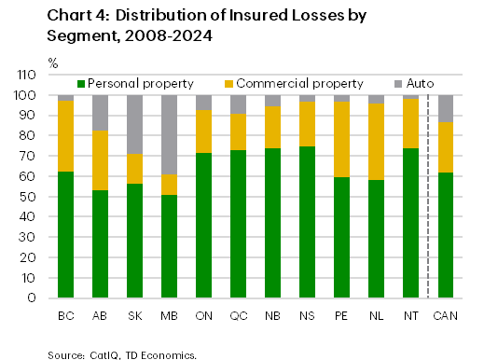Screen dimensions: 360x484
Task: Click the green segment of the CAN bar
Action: [x=447, y=235]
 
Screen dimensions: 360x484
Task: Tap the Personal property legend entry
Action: [x=131, y=84]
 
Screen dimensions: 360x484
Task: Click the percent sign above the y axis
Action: [x=53, y=62]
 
